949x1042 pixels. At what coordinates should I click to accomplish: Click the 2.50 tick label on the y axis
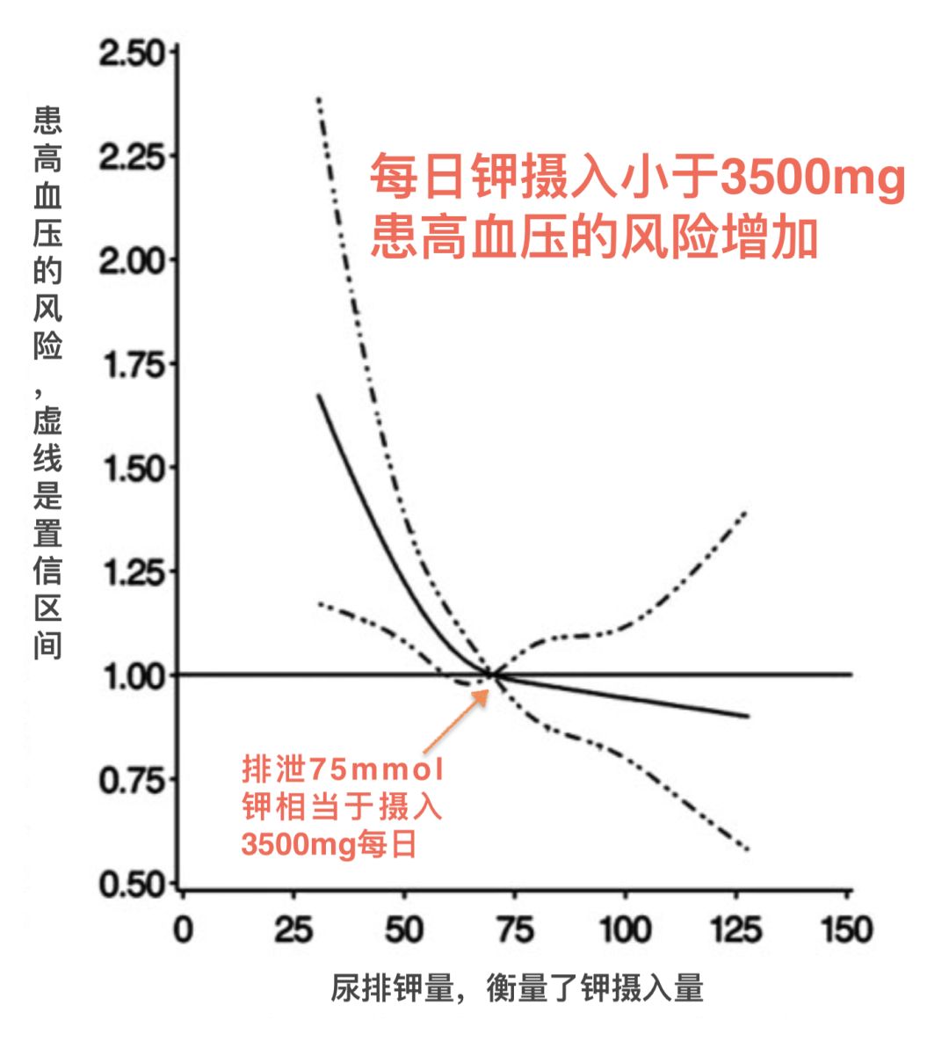(x=131, y=55)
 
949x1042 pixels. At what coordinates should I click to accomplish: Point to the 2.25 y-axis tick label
(x=131, y=158)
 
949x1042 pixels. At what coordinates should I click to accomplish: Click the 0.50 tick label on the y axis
(x=132, y=885)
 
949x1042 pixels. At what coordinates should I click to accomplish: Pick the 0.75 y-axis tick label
(x=132, y=780)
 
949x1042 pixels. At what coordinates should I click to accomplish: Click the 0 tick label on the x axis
(x=183, y=929)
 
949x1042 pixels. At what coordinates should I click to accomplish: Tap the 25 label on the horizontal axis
(x=293, y=929)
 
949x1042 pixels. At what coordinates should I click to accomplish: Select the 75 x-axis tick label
(x=515, y=929)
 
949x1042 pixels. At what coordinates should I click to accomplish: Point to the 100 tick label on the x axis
(x=626, y=929)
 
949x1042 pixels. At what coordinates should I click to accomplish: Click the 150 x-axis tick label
(x=847, y=929)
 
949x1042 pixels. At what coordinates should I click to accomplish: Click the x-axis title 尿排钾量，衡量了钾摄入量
(x=518, y=988)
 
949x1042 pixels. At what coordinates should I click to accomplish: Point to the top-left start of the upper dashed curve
(x=318, y=98)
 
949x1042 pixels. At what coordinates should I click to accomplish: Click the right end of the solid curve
(x=748, y=716)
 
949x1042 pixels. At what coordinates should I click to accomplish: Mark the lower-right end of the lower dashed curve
(x=747, y=849)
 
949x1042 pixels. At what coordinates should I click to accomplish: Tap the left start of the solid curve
(x=318, y=396)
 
